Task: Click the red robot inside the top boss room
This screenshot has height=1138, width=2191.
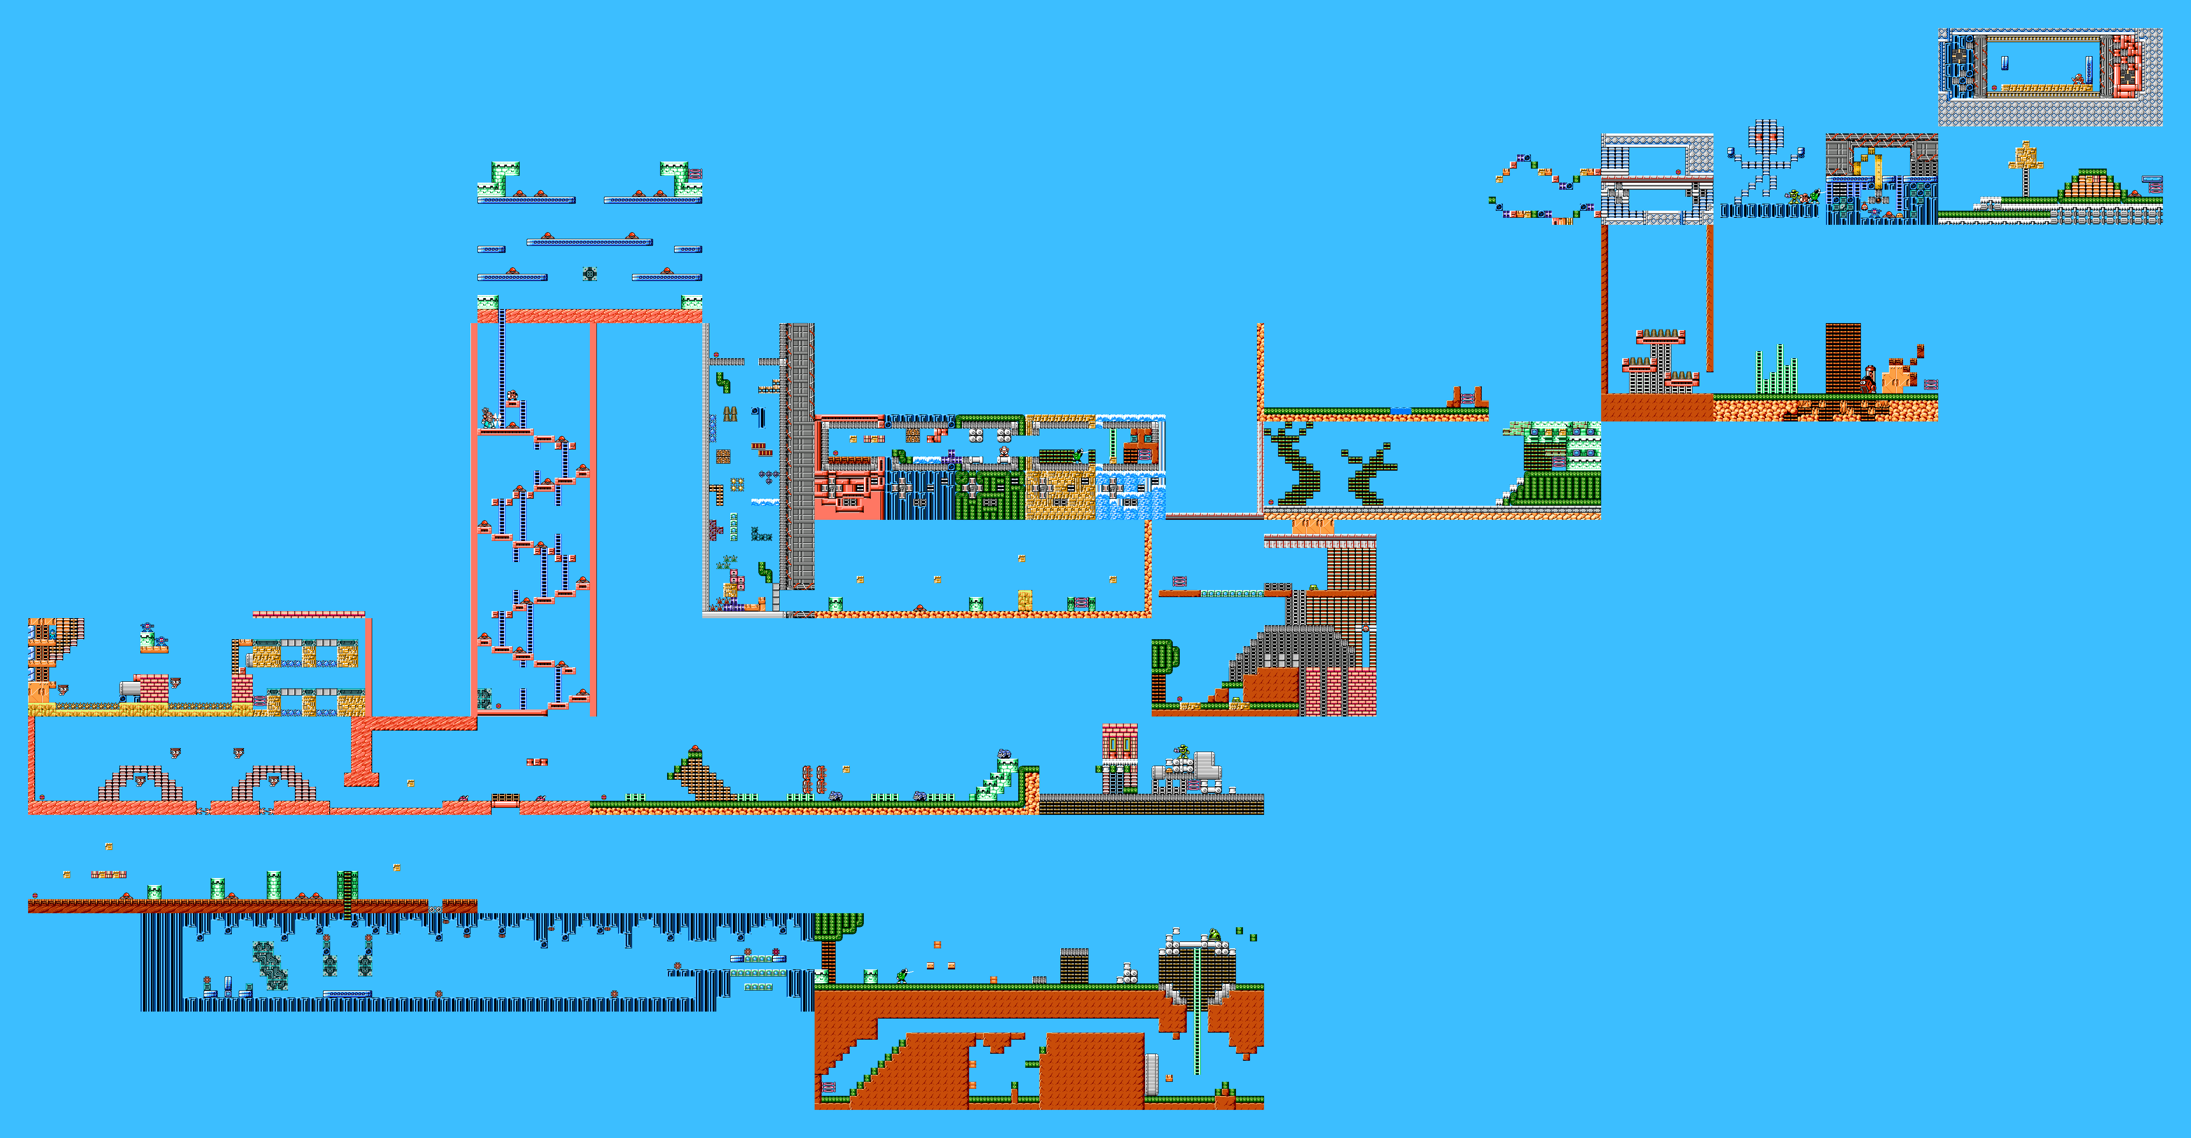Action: point(2078,79)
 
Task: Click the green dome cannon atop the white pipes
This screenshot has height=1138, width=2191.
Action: point(1214,934)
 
